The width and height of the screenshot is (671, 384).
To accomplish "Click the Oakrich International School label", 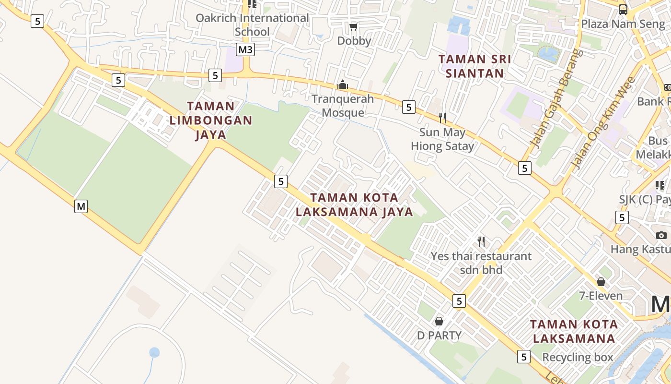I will (x=252, y=25).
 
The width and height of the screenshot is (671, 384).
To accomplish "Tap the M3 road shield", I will (x=245, y=49).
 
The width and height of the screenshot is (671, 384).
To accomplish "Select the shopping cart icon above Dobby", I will (x=354, y=26).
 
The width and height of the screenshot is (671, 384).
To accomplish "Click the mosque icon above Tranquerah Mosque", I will (x=342, y=85).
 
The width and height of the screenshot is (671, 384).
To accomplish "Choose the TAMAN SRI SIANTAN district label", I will (x=474, y=66).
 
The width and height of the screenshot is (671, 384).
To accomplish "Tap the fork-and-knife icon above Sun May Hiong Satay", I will (x=442, y=118).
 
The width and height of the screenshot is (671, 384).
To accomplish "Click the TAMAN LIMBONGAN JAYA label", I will (x=211, y=120).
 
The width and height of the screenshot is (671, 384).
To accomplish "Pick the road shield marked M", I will (x=81, y=206).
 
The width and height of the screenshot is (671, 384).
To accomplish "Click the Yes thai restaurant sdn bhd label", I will (x=481, y=263).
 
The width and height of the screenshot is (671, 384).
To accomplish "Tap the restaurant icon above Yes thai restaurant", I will (x=481, y=241).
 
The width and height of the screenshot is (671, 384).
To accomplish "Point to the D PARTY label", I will (x=439, y=336).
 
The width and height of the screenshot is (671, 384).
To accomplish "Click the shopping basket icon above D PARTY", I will (x=439, y=321).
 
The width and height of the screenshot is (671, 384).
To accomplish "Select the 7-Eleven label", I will (x=601, y=296).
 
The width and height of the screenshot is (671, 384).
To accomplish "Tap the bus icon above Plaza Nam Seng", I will (x=623, y=9).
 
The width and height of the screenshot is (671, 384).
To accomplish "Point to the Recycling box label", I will (x=578, y=357).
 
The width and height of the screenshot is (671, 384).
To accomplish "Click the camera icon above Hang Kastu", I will (x=661, y=235).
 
